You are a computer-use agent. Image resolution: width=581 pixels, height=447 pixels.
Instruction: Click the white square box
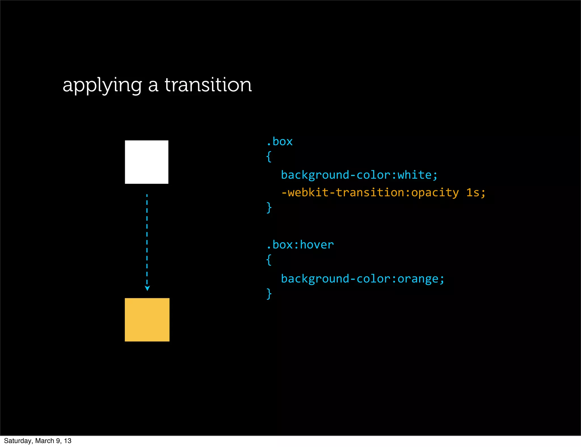click(147, 162)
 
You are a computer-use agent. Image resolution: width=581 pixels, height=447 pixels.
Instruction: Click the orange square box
click(147, 320)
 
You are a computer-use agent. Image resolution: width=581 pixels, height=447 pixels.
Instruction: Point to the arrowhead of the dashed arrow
click(147, 288)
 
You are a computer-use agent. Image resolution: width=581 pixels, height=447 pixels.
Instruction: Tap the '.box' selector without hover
click(280, 141)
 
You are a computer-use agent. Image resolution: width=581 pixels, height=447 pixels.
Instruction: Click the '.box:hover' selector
click(300, 244)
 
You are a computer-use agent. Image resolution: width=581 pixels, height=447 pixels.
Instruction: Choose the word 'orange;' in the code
click(421, 279)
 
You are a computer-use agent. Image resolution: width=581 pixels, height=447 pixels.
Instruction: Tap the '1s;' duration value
click(476, 193)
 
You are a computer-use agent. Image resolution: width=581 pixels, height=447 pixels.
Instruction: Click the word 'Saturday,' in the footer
click(18, 441)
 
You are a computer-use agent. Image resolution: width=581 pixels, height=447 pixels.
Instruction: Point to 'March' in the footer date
click(45, 441)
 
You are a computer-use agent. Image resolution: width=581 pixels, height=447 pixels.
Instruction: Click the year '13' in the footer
click(68, 441)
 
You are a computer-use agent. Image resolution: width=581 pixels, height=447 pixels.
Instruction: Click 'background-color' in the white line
click(336, 175)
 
